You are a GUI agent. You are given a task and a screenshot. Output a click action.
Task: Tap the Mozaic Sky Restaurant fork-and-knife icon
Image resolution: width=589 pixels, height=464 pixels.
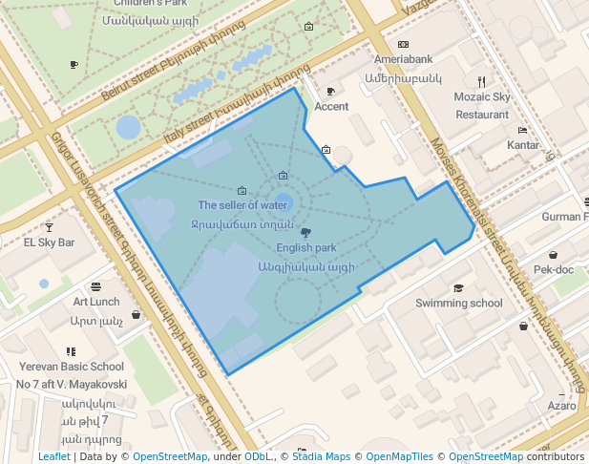click(x=482, y=82)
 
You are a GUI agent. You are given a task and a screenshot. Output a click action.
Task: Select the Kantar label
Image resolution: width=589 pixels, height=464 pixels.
click(x=523, y=145)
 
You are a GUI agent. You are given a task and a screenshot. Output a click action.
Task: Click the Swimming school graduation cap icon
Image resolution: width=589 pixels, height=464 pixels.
click(x=458, y=288)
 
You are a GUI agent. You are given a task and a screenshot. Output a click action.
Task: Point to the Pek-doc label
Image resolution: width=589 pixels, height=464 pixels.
click(x=554, y=270)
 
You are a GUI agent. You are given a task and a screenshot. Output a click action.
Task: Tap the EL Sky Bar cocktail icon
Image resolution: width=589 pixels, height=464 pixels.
click(x=49, y=227)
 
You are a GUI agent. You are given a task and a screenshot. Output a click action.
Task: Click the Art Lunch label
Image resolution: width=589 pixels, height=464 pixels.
click(x=96, y=302)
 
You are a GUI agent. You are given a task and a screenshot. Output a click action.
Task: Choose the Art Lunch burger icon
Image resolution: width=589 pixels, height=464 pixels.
click(x=95, y=286)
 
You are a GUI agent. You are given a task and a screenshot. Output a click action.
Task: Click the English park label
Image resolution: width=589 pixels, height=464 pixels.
click(x=305, y=248)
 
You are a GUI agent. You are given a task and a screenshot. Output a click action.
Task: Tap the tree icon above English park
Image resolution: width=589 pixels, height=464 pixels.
click(x=305, y=232)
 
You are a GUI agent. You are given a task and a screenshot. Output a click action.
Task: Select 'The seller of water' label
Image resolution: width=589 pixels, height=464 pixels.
click(x=242, y=205)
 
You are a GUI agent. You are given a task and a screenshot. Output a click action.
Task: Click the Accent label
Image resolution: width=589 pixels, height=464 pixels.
click(x=331, y=107)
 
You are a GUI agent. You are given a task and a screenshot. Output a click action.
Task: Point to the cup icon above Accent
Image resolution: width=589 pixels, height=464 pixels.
click(x=330, y=92)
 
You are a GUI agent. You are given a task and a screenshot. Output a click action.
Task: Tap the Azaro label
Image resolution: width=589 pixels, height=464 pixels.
click(x=561, y=406)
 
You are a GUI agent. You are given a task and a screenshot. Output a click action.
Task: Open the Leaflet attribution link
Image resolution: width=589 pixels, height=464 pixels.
click(x=53, y=457)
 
